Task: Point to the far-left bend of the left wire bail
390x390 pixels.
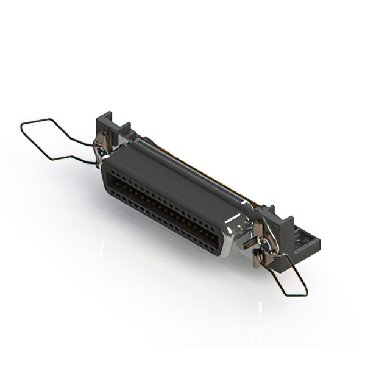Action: (x=22, y=126)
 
